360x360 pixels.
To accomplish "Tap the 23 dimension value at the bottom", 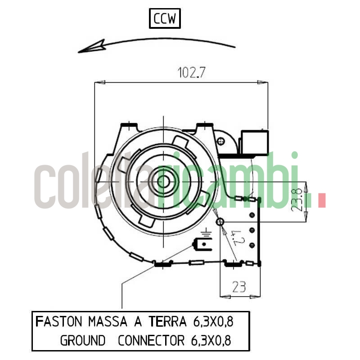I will pyautogui.click(x=239, y=287).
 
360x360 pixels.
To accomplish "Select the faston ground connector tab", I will pyautogui.click(x=203, y=246).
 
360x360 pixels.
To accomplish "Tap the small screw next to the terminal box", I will pyautogui.click(x=220, y=142).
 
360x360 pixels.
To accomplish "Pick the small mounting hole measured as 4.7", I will pyautogui.click(x=220, y=222).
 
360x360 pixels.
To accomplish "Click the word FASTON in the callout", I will pyautogui.click(x=58, y=322).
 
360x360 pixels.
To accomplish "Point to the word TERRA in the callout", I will pyautogui.click(x=167, y=322).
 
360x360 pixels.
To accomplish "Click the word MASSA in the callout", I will pyautogui.click(x=108, y=322).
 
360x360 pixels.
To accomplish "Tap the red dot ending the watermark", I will pyautogui.click(x=321, y=201).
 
